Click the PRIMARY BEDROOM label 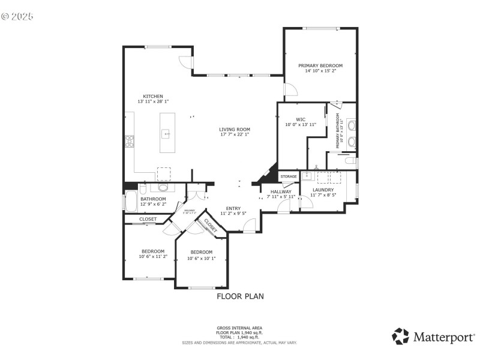tap(320, 65)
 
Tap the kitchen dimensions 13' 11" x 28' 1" tap(153, 102)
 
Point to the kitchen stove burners tap(128, 141)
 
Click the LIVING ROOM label tap(234, 129)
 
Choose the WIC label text tap(300, 119)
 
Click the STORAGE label tap(289, 176)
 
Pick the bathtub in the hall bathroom tap(130, 201)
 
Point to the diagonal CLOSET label tap(211, 225)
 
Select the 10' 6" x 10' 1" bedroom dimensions tap(201, 259)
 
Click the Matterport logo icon tap(400, 336)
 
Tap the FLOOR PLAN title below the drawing tap(240, 296)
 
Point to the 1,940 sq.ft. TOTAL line tap(240, 337)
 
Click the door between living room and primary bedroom tap(290, 89)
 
